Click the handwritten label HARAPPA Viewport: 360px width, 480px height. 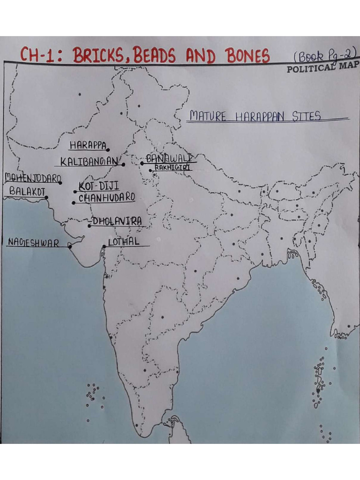point(88,145)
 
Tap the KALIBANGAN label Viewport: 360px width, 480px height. point(89,162)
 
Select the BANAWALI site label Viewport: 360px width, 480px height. point(169,158)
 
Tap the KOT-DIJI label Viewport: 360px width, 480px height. point(98,186)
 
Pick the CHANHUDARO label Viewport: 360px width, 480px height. point(106,198)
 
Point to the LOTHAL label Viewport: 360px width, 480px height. point(123,242)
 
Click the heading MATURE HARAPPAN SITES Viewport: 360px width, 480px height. point(255,116)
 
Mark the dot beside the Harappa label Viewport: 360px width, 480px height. point(108,150)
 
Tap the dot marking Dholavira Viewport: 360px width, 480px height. point(90,226)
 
